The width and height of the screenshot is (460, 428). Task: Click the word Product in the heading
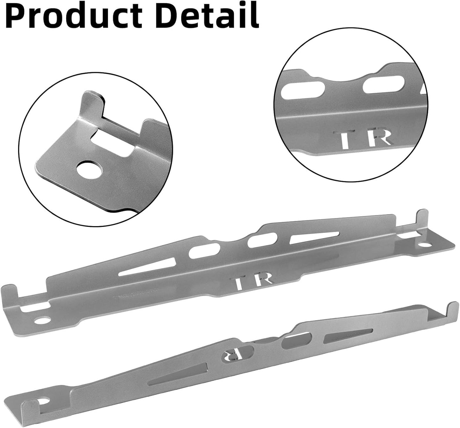pos(75,15)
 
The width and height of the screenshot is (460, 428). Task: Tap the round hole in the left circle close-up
pos(90,170)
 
